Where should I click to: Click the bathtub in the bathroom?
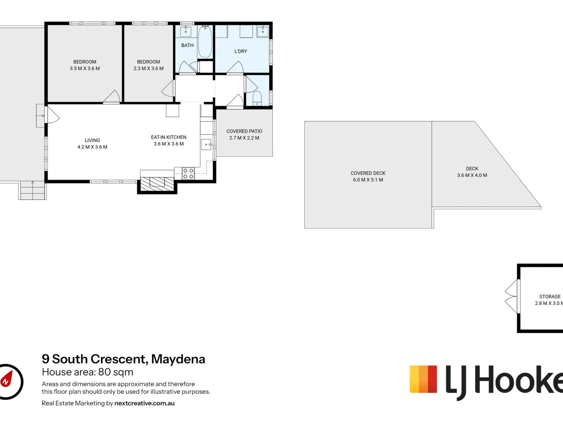click(205, 42)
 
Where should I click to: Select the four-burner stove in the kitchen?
click(188, 173)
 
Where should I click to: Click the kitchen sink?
click(206, 145)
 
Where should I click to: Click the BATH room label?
click(187, 45)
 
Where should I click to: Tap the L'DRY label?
click(241, 51)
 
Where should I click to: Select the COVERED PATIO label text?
click(244, 131)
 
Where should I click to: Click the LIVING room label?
click(92, 140)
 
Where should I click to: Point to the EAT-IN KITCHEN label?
click(169, 137)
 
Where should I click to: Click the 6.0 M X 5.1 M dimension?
click(368, 180)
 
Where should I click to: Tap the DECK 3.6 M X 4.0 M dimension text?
click(472, 175)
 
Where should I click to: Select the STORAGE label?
click(550, 297)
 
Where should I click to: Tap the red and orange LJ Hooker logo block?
click(423, 379)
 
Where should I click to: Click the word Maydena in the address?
click(178, 359)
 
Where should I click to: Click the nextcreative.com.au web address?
click(144, 403)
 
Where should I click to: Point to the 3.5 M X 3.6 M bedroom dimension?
click(85, 68)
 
